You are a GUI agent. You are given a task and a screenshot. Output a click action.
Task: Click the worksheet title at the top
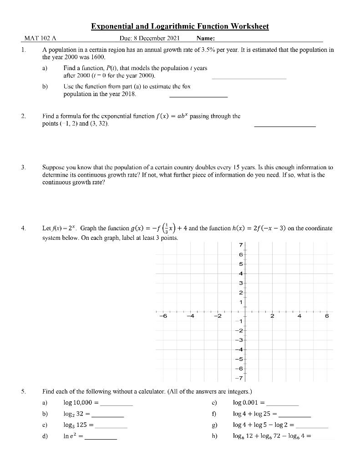pos(180,26)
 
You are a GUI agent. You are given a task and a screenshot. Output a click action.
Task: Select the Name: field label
pos(206,39)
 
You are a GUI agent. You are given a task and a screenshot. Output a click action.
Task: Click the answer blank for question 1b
pos(198,96)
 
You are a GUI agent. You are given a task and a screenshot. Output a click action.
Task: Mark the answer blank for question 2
pos(284,125)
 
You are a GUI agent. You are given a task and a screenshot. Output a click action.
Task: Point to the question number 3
pos(23,168)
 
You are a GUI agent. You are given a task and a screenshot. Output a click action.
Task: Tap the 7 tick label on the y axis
pos(241,246)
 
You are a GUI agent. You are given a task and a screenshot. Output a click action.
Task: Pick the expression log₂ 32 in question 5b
pos(74,414)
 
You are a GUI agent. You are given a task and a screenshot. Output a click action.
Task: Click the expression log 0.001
pos(248,402)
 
